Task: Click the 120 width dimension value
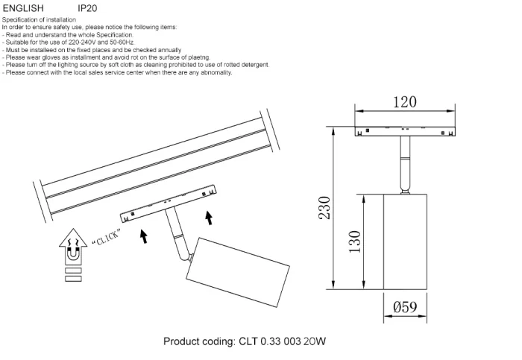click(404, 102)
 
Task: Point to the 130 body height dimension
click(354, 240)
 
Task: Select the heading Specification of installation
click(37, 20)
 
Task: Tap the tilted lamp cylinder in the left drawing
click(233, 271)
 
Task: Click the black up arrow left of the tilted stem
click(142, 236)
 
